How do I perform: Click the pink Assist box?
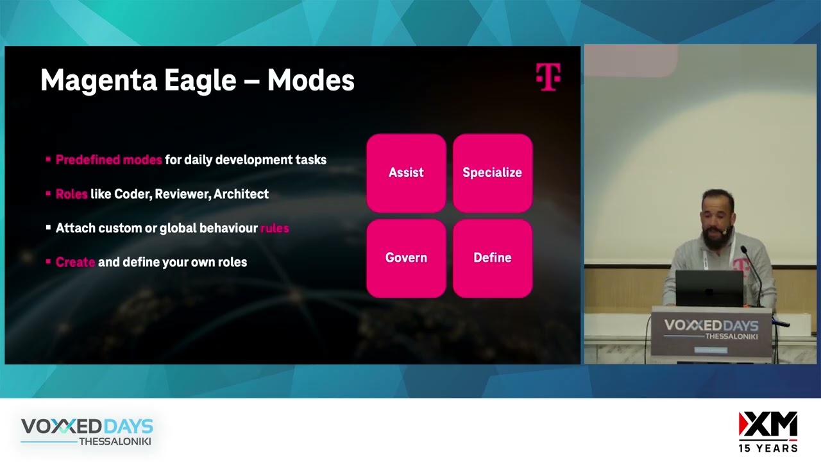pos(406,173)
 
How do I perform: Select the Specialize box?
pos(492,173)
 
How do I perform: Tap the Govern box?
pos(406,258)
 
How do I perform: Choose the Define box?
pos(492,258)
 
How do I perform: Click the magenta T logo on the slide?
pos(548,76)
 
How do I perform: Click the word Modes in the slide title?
pos(310,81)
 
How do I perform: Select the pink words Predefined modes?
pos(108,160)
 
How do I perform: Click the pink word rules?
pos(275,228)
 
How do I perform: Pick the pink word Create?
pos(75,262)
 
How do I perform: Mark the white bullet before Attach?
pos(48,227)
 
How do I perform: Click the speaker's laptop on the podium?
pos(709,288)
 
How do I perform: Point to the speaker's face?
pos(714,217)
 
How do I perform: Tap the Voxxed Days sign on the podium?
pos(711,329)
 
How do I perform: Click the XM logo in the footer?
pos(768,425)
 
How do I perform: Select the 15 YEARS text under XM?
pos(768,448)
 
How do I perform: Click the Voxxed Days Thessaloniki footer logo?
pos(87,431)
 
